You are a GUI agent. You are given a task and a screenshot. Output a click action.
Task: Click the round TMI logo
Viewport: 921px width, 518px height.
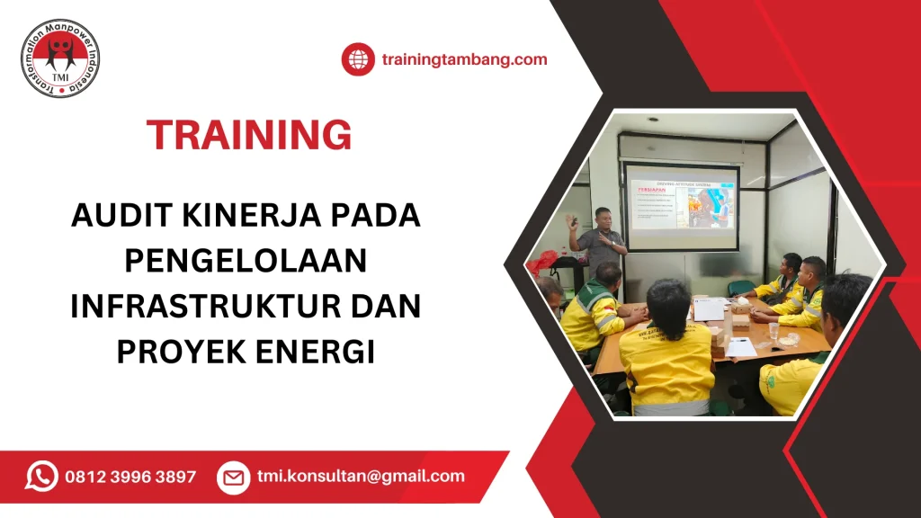[60, 58]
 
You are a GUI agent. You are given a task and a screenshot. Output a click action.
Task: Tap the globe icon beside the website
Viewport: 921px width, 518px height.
[357, 60]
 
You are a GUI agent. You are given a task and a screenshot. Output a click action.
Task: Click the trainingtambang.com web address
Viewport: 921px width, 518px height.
[464, 60]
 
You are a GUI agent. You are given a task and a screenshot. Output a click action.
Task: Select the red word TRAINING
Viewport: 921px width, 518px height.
[249, 135]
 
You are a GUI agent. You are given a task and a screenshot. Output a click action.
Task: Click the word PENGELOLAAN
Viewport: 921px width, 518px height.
[246, 261]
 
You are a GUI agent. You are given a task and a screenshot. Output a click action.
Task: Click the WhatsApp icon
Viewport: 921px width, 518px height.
[41, 477]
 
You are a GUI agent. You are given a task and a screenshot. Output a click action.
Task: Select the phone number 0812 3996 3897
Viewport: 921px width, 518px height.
[130, 477]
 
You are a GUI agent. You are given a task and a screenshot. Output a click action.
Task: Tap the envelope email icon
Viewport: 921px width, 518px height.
[233, 477]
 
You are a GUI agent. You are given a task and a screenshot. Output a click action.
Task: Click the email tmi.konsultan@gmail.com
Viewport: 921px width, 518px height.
[361, 477]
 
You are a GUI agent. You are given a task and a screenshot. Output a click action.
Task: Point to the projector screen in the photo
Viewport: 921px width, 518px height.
[681, 205]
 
